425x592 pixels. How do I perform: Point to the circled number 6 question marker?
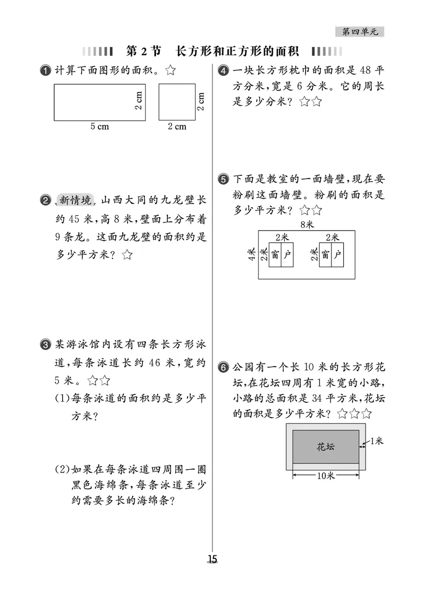224,367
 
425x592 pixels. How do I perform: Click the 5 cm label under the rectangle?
99,126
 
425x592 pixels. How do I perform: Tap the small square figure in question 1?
176,102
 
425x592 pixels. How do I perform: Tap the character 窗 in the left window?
275,255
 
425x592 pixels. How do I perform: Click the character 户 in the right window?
337,255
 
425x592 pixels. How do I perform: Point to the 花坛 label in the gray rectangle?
326,447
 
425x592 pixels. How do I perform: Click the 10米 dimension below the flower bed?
325,476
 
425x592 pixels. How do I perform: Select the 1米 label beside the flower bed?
376,441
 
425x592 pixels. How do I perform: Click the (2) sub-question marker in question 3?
62,469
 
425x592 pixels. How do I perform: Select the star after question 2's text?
126,255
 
